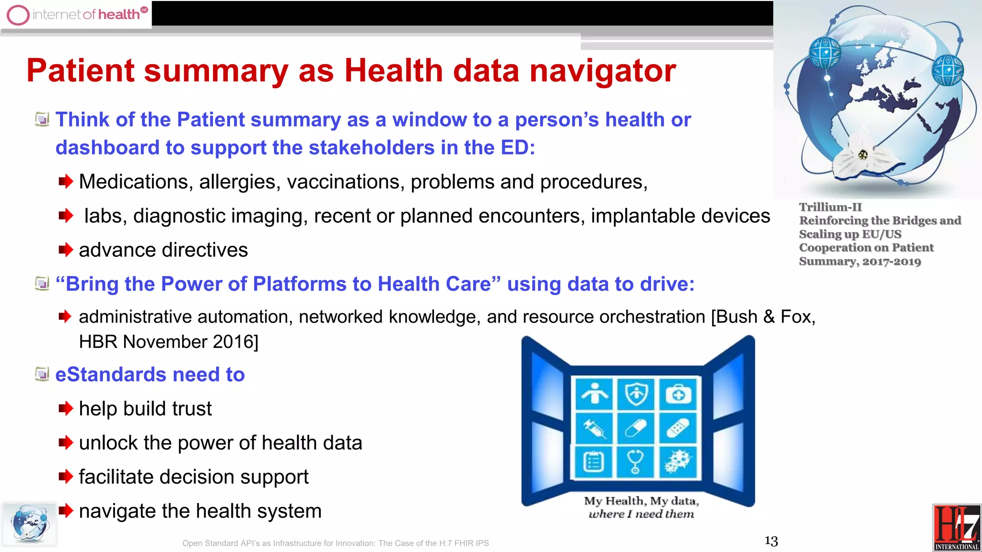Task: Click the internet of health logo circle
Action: (18, 14)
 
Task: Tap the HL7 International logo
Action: (957, 527)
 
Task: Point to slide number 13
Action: (771, 541)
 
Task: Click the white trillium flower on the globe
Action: (861, 156)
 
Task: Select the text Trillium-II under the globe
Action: (830, 207)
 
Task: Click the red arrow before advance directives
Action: (66, 250)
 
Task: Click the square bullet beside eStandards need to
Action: (42, 374)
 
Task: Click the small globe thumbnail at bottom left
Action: (29, 524)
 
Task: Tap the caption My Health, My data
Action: (641, 501)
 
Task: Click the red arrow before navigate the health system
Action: (66, 511)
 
